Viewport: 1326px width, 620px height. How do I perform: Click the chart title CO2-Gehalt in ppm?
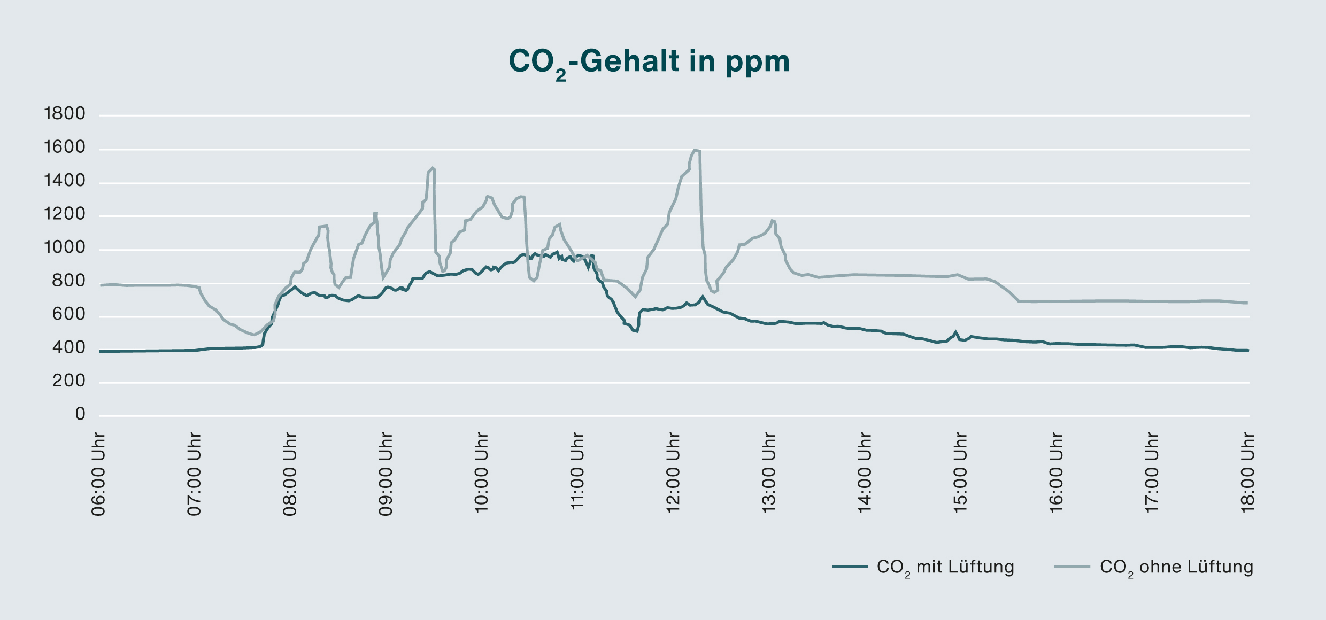pyautogui.click(x=649, y=63)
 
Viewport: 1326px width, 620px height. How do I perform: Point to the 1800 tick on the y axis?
pyautogui.click(x=65, y=114)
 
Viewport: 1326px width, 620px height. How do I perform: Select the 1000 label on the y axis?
pyautogui.click(x=65, y=247)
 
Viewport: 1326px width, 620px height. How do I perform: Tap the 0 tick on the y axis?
pyautogui.click(x=80, y=414)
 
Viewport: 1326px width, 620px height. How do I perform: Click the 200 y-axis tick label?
pyautogui.click(x=69, y=381)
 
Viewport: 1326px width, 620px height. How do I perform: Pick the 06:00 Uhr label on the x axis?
pyautogui.click(x=98, y=474)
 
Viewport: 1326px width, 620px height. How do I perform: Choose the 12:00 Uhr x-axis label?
pyautogui.click(x=673, y=474)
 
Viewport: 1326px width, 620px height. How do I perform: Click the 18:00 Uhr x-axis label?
pyautogui.click(x=1247, y=474)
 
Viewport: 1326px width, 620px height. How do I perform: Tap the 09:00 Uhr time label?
pyautogui.click(x=386, y=474)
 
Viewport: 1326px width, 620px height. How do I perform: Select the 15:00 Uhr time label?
pyautogui.click(x=960, y=474)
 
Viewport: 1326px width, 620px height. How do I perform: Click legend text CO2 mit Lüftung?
pyautogui.click(x=945, y=567)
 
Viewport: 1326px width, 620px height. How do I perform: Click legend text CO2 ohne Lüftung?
pyautogui.click(x=1176, y=567)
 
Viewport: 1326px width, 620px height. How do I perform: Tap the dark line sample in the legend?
pyautogui.click(x=850, y=567)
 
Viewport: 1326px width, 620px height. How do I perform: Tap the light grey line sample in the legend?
pyautogui.click(x=1072, y=567)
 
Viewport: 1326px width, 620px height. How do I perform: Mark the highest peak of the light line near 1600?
pyautogui.click(x=695, y=150)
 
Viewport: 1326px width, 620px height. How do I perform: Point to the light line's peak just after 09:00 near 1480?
pyautogui.click(x=432, y=168)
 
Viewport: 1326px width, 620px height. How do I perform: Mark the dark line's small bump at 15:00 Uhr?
pyautogui.click(x=955, y=332)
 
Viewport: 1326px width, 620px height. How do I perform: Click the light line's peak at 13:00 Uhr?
pyautogui.click(x=772, y=220)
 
